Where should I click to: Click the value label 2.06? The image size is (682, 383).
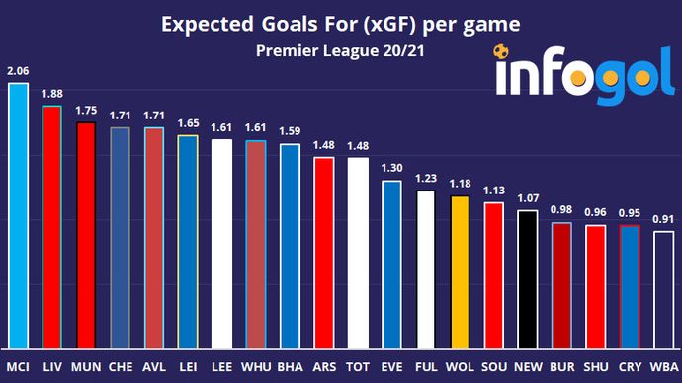[18, 71]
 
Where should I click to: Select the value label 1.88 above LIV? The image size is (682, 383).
[51, 94]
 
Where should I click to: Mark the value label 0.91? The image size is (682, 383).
[665, 219]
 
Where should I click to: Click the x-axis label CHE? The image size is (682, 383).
[121, 367]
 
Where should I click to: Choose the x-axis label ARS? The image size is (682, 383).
[323, 367]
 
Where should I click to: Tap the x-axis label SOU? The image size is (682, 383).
[494, 367]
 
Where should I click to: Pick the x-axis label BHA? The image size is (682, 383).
[290, 367]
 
